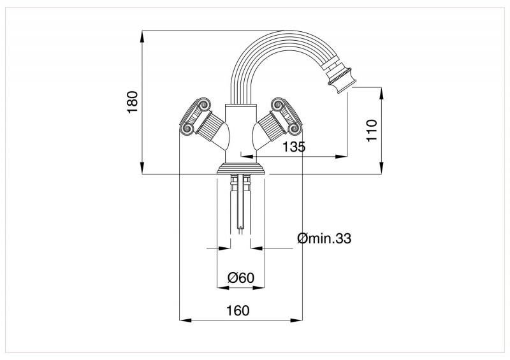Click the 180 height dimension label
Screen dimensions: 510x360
pos(133,102)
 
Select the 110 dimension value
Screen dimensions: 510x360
pos(372,131)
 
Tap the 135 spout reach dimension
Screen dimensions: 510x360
pos(294,147)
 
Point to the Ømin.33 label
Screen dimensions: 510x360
pos(324,238)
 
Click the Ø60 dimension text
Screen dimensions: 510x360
pos(241,278)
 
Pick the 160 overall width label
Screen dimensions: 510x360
pos(238,310)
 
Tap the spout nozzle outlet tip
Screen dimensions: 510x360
pos(347,89)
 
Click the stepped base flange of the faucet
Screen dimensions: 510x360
pos(241,168)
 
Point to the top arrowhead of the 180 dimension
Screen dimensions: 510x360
pos(142,36)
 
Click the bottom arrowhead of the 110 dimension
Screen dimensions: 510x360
pos(381,168)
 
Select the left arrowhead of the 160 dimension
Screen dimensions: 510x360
pos(186,320)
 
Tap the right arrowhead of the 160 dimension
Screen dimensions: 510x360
pos(296,320)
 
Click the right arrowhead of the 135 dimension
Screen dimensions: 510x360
pos(341,156)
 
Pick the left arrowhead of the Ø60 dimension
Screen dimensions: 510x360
pos(222,288)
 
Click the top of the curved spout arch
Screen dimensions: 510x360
pos(284,31)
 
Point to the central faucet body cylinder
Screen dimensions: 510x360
pos(241,133)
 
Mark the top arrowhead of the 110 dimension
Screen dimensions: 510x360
pos(381,93)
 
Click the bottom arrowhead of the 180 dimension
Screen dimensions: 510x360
pos(142,168)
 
